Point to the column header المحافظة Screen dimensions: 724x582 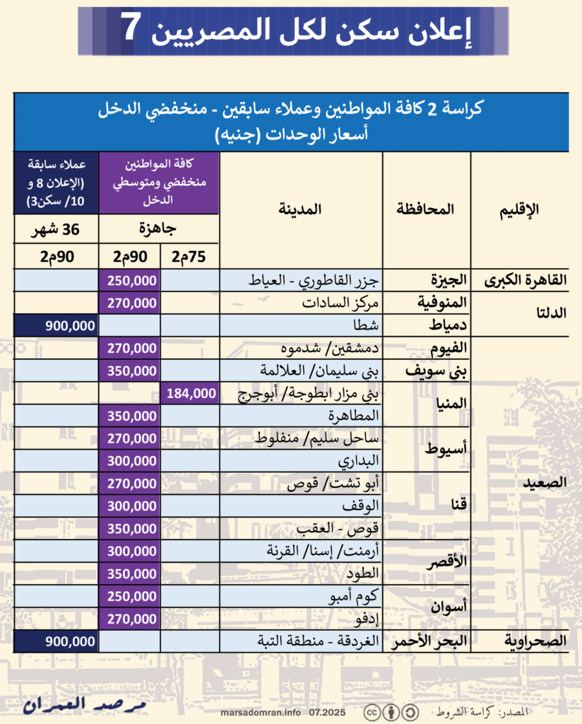(426, 209)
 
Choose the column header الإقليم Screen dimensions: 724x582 (519, 209)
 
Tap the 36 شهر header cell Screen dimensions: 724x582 (57, 230)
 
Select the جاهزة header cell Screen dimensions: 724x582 (159, 230)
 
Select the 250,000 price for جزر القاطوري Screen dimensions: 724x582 (132, 280)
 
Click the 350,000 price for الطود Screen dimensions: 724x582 (132, 573)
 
